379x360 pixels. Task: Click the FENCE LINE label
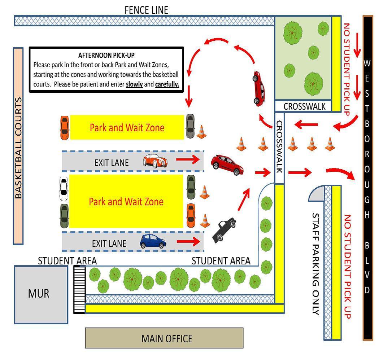tap(146, 10)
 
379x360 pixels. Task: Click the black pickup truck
tap(224, 230)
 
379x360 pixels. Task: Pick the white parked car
tap(64, 189)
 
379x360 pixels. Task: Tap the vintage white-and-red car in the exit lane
tap(155, 161)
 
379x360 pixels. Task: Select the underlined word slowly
tap(134, 85)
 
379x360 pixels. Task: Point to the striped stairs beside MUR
tap(79, 289)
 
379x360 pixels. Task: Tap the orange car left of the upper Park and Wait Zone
tap(64, 127)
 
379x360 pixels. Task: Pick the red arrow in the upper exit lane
tap(190, 159)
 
